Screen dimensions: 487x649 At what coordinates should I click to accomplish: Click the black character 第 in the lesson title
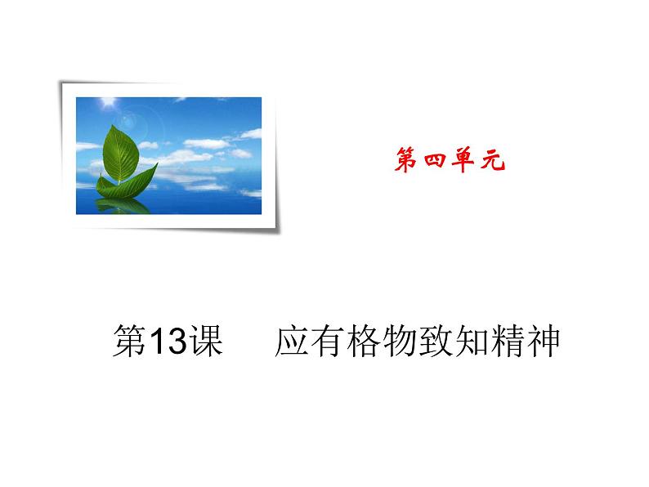click(x=128, y=342)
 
